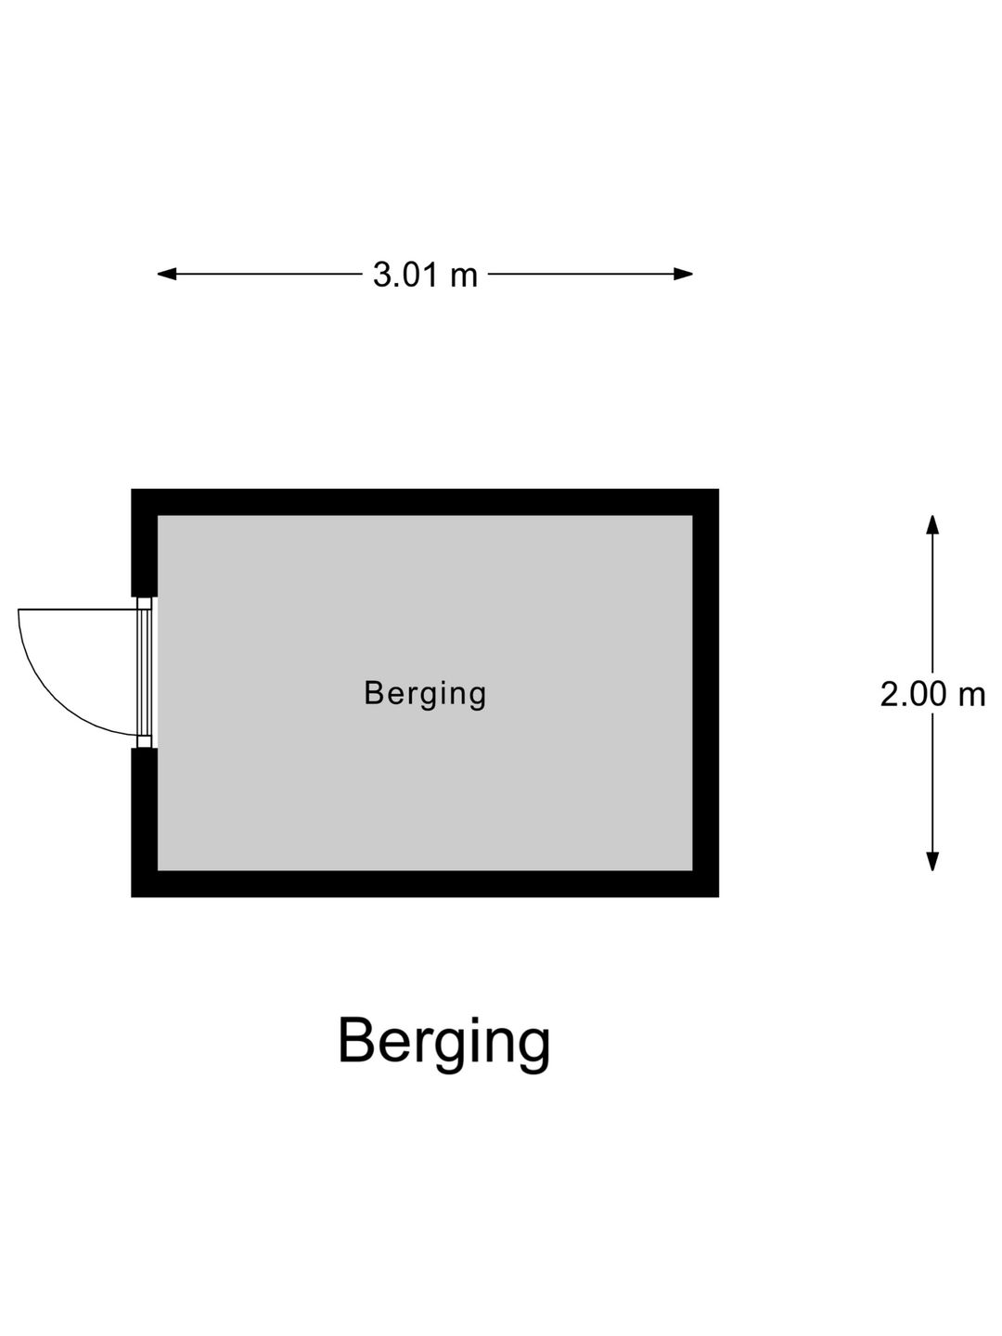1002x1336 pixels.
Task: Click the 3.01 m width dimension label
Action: click(x=425, y=275)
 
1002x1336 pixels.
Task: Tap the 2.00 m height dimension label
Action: click(x=932, y=694)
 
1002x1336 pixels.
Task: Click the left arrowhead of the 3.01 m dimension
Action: click(x=167, y=274)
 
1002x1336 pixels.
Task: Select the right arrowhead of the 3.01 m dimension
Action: click(x=683, y=274)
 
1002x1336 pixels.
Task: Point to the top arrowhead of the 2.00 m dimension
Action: click(x=932, y=525)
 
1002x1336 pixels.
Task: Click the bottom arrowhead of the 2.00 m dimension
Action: click(x=932, y=861)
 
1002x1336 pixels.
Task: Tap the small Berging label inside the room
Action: click(x=425, y=694)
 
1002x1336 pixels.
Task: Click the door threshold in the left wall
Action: click(x=144, y=672)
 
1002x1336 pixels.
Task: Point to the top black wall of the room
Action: click(x=425, y=502)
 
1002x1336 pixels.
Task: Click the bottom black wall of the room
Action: click(x=425, y=884)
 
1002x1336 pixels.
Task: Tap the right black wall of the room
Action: click(x=706, y=693)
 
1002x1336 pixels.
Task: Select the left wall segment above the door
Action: click(x=144, y=543)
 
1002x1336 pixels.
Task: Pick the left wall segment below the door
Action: click(x=144, y=822)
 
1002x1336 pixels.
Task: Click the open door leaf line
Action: click(x=78, y=610)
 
